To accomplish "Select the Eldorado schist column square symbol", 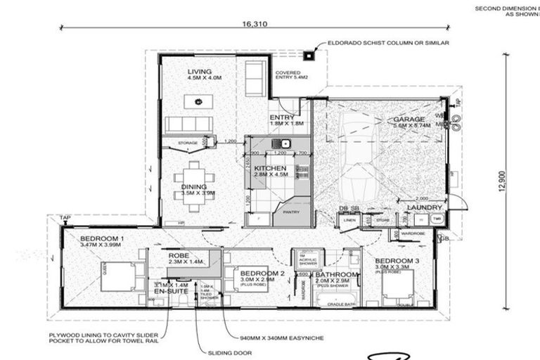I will tap(309, 55).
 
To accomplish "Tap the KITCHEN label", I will tap(270, 169).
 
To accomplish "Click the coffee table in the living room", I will tap(199, 102).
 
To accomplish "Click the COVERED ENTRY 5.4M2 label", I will tap(288, 75).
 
